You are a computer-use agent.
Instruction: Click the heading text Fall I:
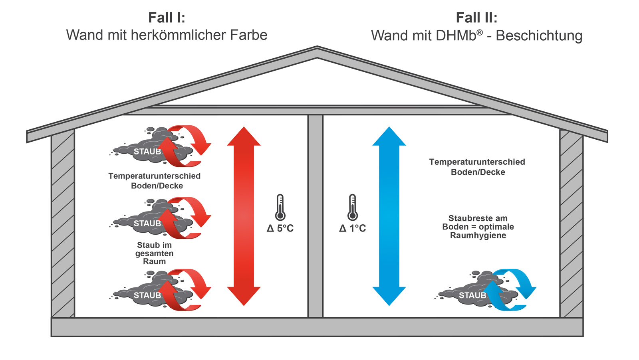pos(167,18)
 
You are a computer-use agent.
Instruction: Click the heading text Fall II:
pos(476,18)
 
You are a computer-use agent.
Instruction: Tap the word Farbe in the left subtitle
pos(248,35)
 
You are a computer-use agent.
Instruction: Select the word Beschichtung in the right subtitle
pos(539,36)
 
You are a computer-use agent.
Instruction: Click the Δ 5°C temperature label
pos(280,228)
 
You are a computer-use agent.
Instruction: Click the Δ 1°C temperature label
pos(352,228)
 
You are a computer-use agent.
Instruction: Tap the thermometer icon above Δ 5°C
pos(280,207)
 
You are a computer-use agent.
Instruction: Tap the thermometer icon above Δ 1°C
pos(352,207)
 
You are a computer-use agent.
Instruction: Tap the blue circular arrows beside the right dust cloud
pos(513,289)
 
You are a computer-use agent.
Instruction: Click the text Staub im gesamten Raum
pos(155,253)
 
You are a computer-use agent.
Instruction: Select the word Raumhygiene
pos(478,235)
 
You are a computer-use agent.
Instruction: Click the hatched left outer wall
pos(63,224)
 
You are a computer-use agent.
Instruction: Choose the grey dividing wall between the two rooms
pos(316,216)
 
